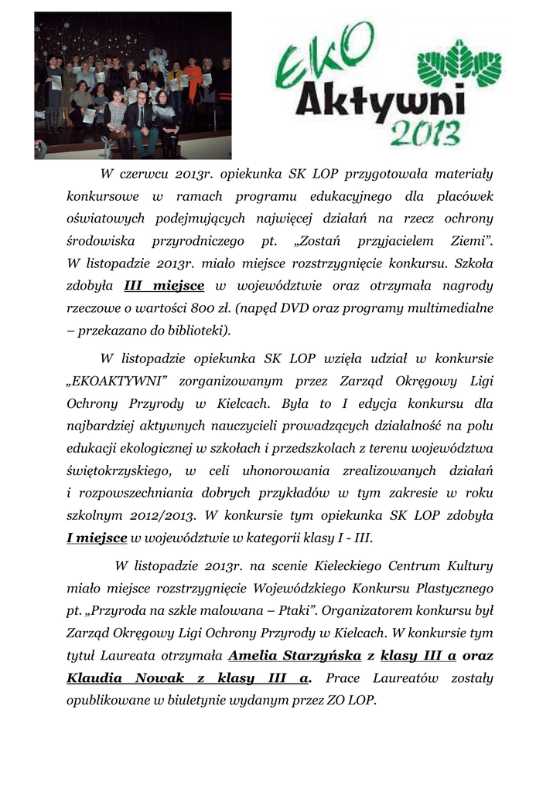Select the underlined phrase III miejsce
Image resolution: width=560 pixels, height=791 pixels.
pyautogui.click(x=164, y=286)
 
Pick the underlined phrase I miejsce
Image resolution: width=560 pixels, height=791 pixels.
pyautogui.click(x=97, y=538)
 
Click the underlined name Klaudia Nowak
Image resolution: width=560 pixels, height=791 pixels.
pyautogui.click(x=125, y=678)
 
